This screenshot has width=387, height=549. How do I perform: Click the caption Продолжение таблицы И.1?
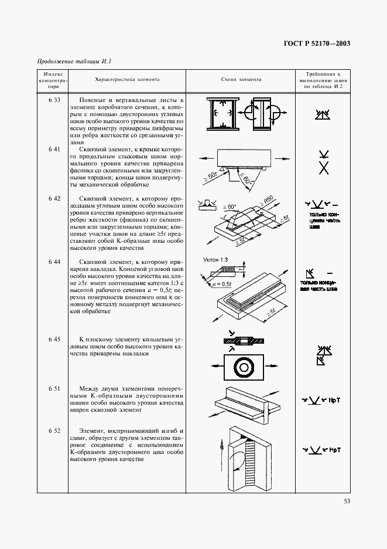pos(74,62)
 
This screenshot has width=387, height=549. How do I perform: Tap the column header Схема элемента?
pos(241,79)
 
